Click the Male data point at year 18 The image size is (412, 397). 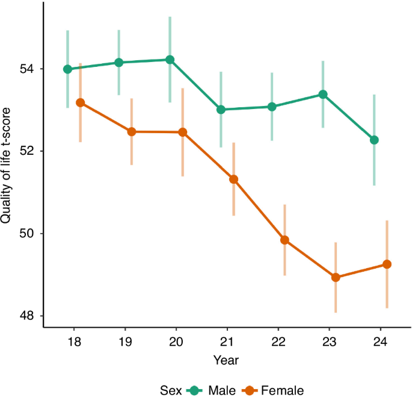click(x=67, y=69)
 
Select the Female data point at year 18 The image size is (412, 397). click(x=80, y=103)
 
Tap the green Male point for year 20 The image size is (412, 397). click(x=170, y=60)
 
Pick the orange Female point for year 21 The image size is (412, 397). click(x=233, y=179)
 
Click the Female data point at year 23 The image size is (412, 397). click(x=336, y=278)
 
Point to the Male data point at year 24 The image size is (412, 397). click(x=374, y=140)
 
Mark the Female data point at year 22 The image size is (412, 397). click(x=284, y=240)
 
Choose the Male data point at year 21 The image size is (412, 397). click(x=221, y=110)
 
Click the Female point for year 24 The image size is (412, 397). click(x=387, y=264)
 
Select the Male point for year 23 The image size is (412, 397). click(x=323, y=95)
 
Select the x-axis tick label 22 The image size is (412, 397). click(x=278, y=340)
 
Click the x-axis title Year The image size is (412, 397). click(x=227, y=360)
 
